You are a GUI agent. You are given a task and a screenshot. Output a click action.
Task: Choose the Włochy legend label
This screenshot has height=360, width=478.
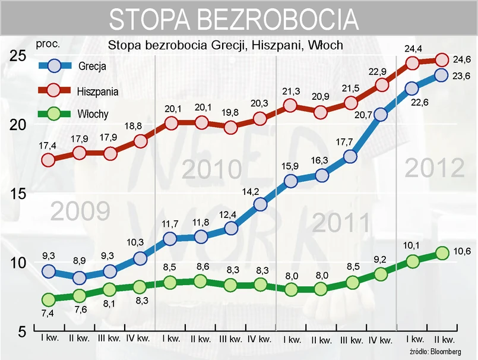(x=93, y=114)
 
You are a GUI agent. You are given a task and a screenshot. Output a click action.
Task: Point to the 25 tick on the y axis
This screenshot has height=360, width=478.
(x=18, y=56)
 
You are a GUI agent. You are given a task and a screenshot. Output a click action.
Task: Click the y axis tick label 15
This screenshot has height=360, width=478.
(x=18, y=194)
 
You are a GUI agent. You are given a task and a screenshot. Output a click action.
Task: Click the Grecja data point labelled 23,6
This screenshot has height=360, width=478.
(x=441, y=75)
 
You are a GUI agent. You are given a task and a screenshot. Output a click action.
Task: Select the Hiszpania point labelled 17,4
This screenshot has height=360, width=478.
(x=49, y=159)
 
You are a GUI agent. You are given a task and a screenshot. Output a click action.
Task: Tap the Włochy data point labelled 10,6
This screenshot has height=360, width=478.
(x=441, y=252)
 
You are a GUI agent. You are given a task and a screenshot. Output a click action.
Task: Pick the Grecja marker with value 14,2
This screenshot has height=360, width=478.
(x=260, y=204)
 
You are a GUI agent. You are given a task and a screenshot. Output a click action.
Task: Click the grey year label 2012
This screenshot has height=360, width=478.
(x=435, y=169)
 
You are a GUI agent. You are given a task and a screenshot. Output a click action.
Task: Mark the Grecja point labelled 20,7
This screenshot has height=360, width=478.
(x=381, y=115)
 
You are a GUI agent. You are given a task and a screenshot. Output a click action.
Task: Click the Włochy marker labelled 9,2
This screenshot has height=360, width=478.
(x=381, y=274)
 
